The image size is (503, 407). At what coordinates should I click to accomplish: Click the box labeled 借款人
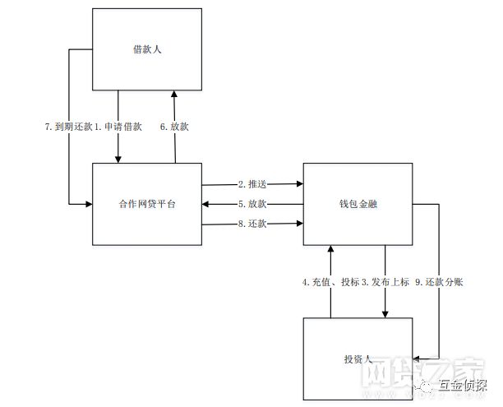click(x=146, y=49)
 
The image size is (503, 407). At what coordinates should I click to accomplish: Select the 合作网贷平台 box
click(x=146, y=204)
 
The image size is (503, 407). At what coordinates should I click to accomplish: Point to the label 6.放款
click(x=174, y=127)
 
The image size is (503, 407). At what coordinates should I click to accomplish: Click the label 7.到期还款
click(x=69, y=127)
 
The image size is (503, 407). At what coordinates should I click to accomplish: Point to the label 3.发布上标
click(x=385, y=281)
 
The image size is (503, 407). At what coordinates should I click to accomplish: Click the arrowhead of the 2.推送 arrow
click(x=298, y=183)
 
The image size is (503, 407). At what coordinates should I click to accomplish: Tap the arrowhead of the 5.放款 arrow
click(x=207, y=204)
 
